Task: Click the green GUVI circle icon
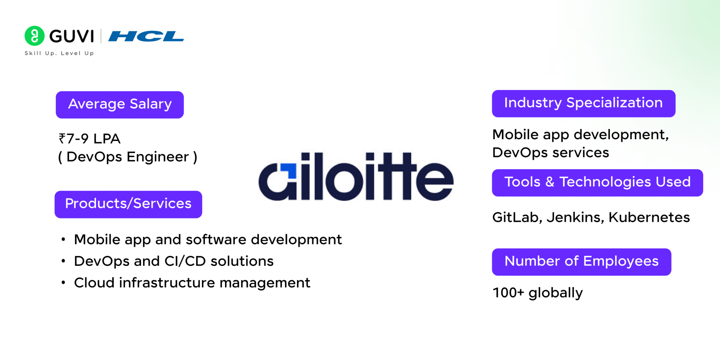[x=34, y=36]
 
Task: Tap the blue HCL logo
[x=146, y=36]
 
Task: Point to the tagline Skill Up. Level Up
[x=59, y=53]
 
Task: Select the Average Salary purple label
[x=120, y=104]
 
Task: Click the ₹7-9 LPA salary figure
[x=90, y=139]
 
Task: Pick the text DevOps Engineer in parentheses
[x=128, y=157]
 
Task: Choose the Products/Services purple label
[x=128, y=204]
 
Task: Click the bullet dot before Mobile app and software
[x=63, y=240]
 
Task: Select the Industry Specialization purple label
[x=583, y=103]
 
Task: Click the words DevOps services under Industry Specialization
[x=551, y=153]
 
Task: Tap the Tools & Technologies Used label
[x=597, y=182]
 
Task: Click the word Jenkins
[x=575, y=217]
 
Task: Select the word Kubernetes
[x=649, y=217]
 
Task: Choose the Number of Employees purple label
[x=581, y=262]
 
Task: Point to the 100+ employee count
[x=508, y=292]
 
